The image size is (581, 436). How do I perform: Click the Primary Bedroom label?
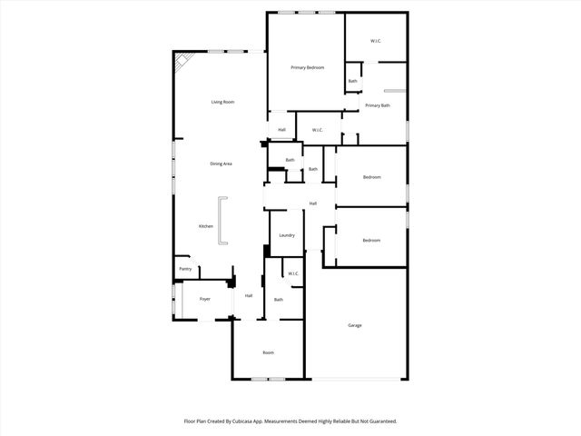(308, 68)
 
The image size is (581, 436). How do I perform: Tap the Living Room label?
(222, 102)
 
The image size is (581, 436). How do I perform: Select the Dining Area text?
(222, 163)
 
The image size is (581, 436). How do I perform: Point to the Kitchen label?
(206, 225)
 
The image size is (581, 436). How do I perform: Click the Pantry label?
(185, 269)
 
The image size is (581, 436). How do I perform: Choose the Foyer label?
(205, 298)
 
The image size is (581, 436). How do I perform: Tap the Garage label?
(355, 324)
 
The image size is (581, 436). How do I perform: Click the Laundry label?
(287, 235)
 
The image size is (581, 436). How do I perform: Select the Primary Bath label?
(379, 105)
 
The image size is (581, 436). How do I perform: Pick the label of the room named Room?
(269, 352)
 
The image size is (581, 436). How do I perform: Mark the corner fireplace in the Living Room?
(182, 62)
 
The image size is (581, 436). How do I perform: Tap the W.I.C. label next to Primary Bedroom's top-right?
(376, 42)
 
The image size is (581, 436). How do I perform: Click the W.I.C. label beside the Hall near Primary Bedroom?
(318, 130)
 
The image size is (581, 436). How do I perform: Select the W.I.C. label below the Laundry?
(293, 273)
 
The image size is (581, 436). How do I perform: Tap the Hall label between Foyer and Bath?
(248, 295)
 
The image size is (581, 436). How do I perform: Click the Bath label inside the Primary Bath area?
(352, 82)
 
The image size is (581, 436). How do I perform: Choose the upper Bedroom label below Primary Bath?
(371, 177)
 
